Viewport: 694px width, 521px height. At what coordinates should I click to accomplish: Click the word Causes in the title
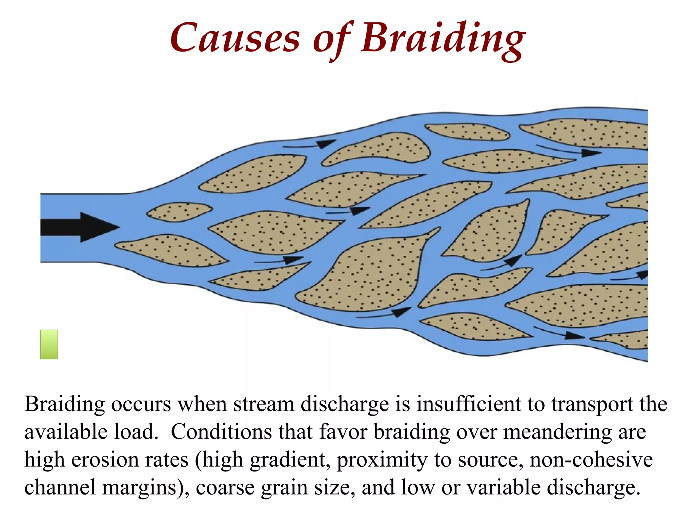point(235,38)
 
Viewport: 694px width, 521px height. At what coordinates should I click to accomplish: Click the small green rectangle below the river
point(49,344)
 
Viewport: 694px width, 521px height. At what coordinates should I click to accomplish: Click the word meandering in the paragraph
point(557,432)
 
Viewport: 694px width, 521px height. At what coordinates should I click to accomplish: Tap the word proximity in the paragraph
point(382,460)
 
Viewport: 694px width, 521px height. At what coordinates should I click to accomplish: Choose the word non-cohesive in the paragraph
point(591,460)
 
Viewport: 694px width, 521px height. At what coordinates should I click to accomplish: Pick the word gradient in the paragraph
point(290,460)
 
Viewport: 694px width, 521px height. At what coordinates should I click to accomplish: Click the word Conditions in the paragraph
point(222,432)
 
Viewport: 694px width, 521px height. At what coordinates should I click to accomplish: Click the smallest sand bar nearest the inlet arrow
point(179,212)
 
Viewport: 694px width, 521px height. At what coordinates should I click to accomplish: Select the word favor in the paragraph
point(343,432)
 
